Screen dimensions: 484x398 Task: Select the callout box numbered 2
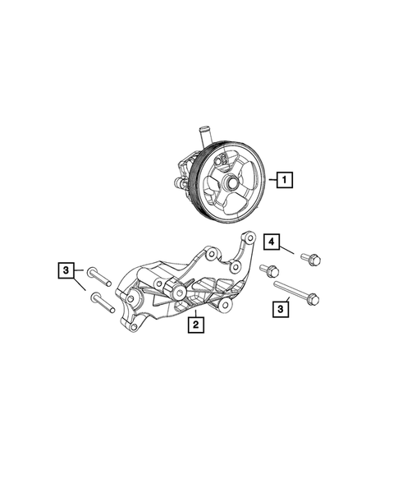194,325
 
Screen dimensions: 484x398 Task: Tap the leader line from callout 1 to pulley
270,177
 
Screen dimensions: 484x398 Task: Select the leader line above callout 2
196,307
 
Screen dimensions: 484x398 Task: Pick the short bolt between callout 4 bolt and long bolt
268,270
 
